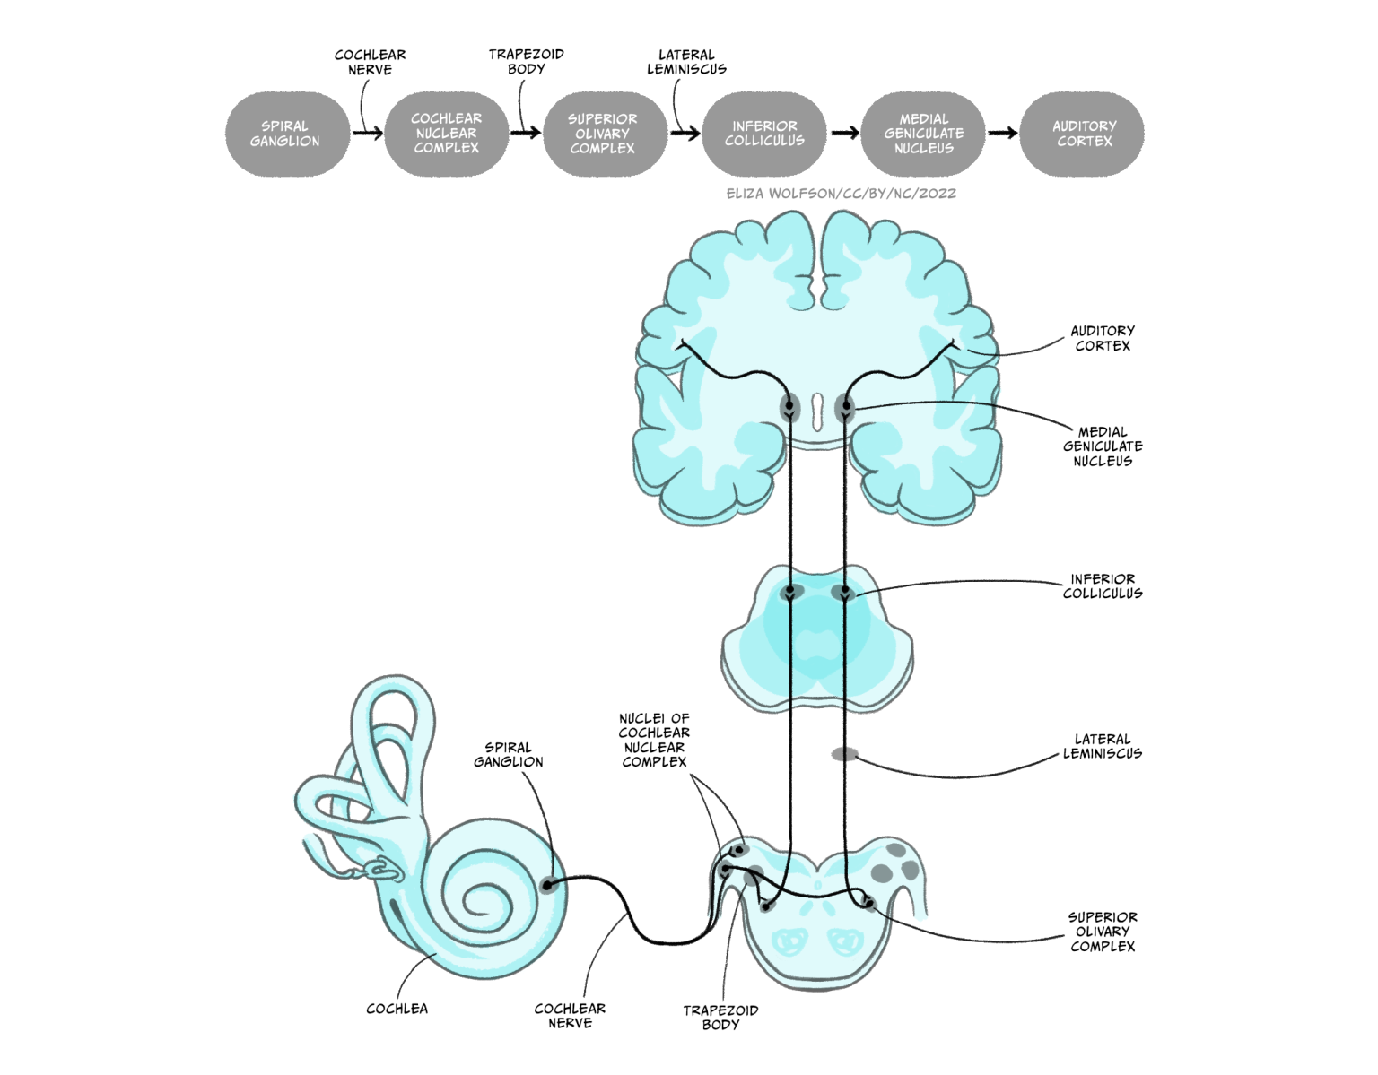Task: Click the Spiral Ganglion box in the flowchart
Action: (x=285, y=134)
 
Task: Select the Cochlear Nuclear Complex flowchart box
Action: (x=446, y=134)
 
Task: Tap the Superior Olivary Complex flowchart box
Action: (x=603, y=134)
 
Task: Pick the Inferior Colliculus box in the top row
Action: (x=764, y=134)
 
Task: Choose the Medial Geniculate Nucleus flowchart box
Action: (x=923, y=134)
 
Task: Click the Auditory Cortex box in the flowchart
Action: (x=1084, y=134)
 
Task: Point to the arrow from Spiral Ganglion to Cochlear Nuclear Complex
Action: (x=367, y=134)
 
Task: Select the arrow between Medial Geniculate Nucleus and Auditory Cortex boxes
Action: (x=1002, y=134)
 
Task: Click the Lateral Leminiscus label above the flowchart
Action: (x=686, y=62)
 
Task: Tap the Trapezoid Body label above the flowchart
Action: (x=526, y=62)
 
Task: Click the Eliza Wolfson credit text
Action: (x=841, y=194)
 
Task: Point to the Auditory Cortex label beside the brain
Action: (x=1103, y=338)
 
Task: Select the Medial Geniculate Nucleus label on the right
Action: (x=1103, y=446)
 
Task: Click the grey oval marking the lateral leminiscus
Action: (x=844, y=754)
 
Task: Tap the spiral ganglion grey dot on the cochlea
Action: (x=548, y=885)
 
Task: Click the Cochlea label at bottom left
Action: (x=397, y=1009)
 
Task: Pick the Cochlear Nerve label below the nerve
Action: (x=570, y=1016)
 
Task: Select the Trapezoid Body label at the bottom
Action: (x=720, y=1018)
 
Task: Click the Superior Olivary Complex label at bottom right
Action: (x=1103, y=932)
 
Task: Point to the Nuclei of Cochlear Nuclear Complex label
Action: (x=654, y=741)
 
